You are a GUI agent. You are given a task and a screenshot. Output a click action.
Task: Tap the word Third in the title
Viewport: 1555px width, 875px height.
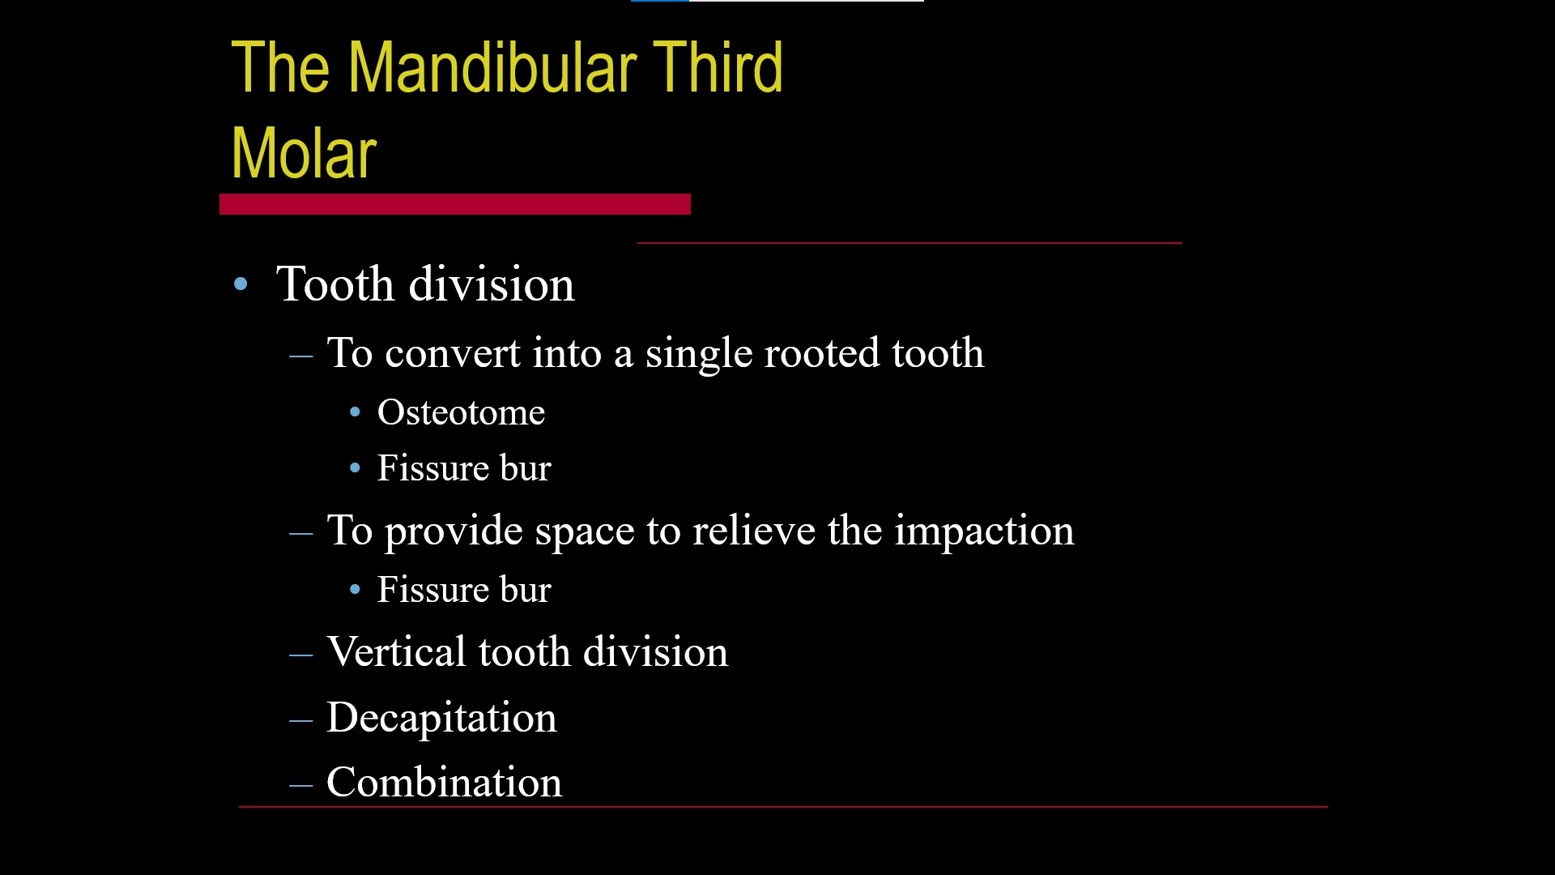coord(718,68)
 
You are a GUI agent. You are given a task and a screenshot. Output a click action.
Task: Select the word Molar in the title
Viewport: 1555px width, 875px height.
coord(304,154)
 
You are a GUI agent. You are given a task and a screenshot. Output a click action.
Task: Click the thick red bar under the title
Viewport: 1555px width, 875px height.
coord(454,204)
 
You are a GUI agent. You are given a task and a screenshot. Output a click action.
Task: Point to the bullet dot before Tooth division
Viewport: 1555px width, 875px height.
coord(241,284)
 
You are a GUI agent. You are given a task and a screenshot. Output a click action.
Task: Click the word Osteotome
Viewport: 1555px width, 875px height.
coord(461,412)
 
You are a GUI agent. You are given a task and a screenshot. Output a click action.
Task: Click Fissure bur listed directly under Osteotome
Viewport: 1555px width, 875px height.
coord(464,468)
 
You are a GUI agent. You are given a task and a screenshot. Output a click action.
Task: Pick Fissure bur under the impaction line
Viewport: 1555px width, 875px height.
coord(464,590)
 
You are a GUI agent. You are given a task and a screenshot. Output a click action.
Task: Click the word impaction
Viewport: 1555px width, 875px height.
coord(984,531)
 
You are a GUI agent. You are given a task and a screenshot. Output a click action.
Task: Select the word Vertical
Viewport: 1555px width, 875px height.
coord(396,652)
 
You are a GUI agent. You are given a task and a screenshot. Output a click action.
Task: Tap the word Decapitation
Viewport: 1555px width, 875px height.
coord(441,718)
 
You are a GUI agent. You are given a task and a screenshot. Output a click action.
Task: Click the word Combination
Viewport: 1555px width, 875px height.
coord(444,783)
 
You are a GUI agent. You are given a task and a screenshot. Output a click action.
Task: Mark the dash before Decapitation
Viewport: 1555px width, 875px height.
coord(301,719)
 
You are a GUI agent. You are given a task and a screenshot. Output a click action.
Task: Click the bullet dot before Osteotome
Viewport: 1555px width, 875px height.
coord(355,413)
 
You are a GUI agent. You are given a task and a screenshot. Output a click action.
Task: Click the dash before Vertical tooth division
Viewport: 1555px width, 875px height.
coord(301,654)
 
